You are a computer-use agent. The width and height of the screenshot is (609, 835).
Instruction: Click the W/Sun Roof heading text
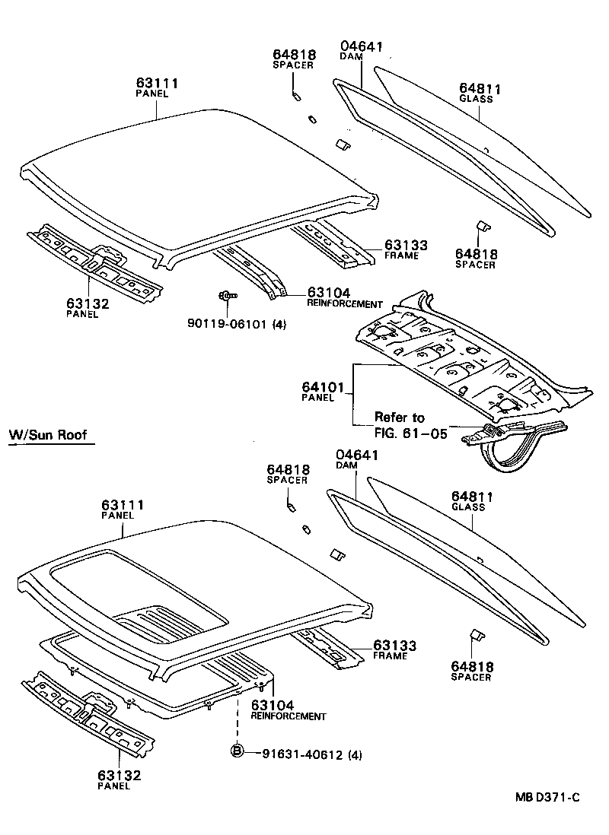tap(47, 436)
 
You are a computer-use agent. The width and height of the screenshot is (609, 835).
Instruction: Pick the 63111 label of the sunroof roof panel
tap(123, 505)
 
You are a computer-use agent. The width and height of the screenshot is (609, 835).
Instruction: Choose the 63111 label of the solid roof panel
tap(157, 82)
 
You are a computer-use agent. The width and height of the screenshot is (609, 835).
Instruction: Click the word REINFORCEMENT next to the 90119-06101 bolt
tap(344, 304)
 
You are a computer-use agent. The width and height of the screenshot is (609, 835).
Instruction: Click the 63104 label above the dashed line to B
tap(273, 706)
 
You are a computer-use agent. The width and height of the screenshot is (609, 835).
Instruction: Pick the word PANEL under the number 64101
tap(318, 397)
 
